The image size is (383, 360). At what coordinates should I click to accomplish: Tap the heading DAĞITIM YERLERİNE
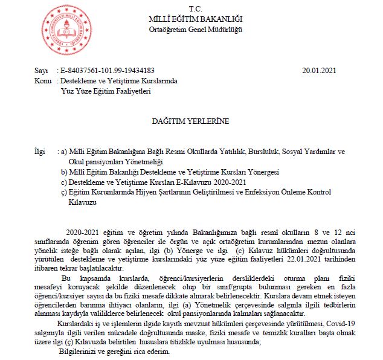pos(190,121)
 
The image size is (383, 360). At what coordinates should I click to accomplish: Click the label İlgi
pos(40,152)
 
